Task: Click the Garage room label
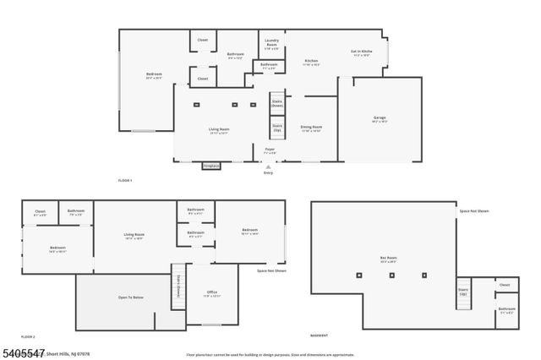380,118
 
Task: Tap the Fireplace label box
210,166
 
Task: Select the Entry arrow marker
269,167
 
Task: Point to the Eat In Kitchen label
362,52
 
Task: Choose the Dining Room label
312,128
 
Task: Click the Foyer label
270,150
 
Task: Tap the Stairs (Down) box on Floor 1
276,104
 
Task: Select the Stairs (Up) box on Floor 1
276,128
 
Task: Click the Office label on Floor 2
212,293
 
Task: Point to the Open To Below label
130,297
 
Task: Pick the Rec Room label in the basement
389,259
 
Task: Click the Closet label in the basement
505,285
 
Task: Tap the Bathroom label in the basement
506,310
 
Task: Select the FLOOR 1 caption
125,181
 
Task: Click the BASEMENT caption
320,335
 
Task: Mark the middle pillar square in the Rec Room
392,275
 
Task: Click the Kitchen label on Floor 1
311,62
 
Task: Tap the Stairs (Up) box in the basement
463,292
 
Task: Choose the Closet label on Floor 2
40,212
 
